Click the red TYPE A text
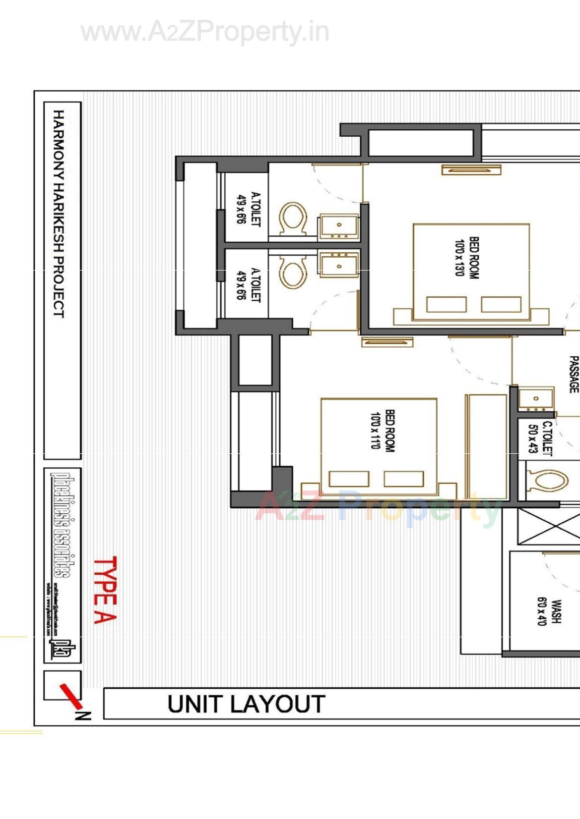coord(105,590)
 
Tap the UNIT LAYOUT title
coord(246,704)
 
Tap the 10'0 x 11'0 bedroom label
coord(383,430)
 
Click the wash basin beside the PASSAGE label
coord(536,399)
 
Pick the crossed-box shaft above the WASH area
coord(548,526)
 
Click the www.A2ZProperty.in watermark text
coord(205,32)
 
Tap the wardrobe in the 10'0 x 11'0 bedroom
coord(486,446)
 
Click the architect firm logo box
coord(63,565)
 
